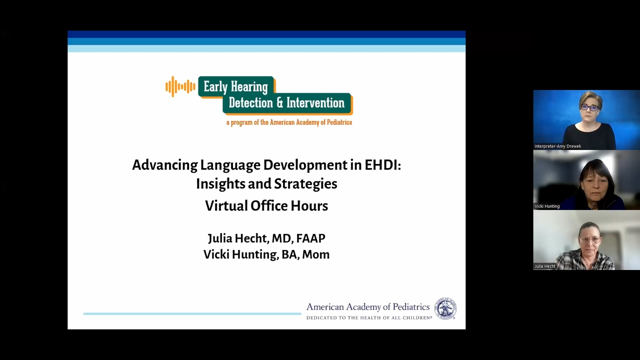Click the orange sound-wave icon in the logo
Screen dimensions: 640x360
click(x=180, y=86)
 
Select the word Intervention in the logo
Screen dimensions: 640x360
click(x=315, y=102)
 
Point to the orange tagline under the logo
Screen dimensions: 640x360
click(x=289, y=122)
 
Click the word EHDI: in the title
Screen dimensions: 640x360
click(x=383, y=165)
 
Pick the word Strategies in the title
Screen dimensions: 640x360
click(x=305, y=184)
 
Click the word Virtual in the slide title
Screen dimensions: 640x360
click(x=226, y=205)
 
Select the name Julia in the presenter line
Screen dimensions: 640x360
click(x=219, y=238)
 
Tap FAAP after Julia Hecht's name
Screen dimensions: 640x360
click(x=311, y=238)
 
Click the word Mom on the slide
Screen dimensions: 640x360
click(x=315, y=254)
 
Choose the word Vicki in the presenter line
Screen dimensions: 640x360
click(x=216, y=254)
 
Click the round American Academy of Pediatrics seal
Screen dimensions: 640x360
click(x=445, y=308)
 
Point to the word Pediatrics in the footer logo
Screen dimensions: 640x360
click(x=411, y=307)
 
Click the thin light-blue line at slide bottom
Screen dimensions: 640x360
click(x=192, y=313)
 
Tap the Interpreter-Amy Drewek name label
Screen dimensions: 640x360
click(x=557, y=146)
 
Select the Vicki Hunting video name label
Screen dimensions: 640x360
click(x=547, y=206)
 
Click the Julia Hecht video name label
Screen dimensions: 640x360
click(x=545, y=266)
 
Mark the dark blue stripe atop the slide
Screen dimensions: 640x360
click(x=266, y=34)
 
